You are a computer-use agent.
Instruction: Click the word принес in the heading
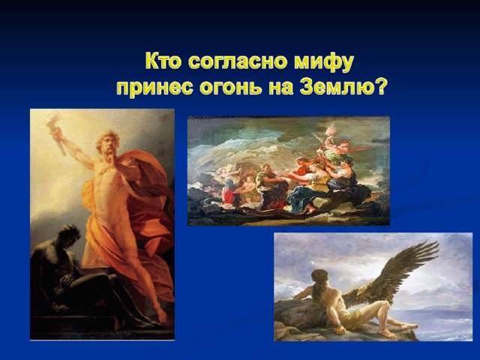click(155, 88)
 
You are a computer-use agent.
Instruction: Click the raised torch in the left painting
click(58, 135)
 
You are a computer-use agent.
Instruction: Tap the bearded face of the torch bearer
click(108, 146)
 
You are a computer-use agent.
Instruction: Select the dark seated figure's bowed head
click(70, 235)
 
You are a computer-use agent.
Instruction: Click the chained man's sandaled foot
click(387, 333)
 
